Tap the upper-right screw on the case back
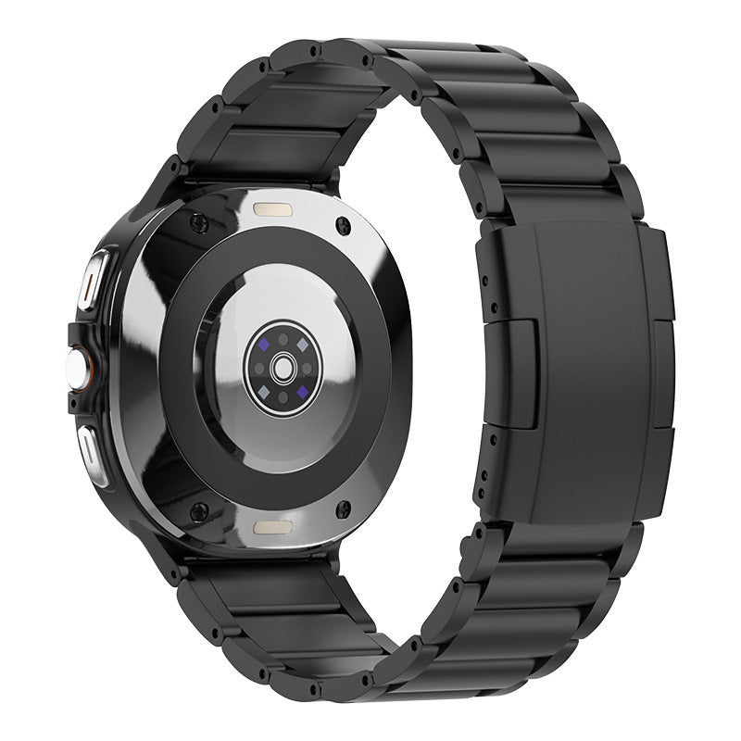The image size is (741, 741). [x=345, y=224]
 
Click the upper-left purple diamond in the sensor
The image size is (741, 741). [x=265, y=343]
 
